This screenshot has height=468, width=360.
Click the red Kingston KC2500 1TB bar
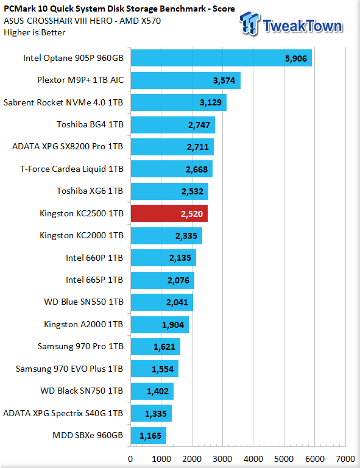169,213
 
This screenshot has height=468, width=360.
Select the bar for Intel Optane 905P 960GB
221,58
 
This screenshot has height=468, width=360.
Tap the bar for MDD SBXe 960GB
149,436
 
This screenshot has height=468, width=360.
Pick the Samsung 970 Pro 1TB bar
155,347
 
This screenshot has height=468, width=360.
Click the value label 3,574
224,80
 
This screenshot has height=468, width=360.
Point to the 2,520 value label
192,214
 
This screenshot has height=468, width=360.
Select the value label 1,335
156,414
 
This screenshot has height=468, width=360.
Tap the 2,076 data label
178,280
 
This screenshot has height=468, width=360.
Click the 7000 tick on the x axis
345,459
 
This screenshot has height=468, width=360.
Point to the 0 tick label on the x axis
130,459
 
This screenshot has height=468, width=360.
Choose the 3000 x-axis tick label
222,459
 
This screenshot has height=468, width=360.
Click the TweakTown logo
291,24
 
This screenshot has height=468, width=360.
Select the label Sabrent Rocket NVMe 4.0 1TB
63,102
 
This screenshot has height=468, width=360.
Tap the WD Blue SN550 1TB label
83,302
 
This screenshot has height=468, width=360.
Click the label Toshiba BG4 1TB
90,124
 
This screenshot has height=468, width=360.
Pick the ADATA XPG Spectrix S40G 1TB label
63,413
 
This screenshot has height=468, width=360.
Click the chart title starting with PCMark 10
119,9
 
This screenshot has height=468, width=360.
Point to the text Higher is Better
35,32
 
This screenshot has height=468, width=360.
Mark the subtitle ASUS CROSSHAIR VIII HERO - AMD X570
82,21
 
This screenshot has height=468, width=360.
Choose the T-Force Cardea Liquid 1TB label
72,169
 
